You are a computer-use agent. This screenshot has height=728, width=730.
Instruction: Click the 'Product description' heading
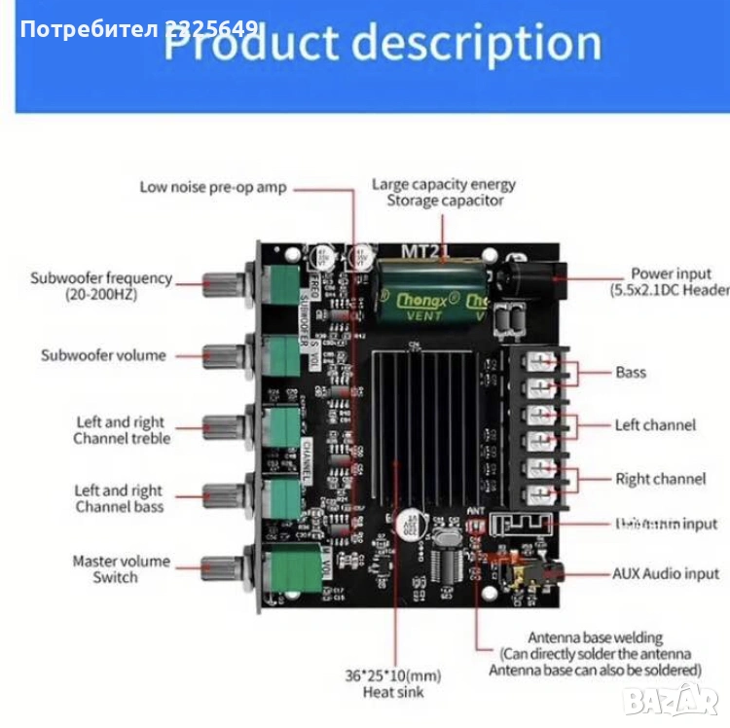pyautogui.click(x=382, y=43)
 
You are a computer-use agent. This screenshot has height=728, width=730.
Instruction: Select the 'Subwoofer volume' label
pyautogui.click(x=103, y=355)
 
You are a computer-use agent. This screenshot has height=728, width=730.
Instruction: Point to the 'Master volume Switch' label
pyautogui.click(x=121, y=568)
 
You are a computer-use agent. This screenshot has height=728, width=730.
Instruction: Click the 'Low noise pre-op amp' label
pyautogui.click(x=213, y=187)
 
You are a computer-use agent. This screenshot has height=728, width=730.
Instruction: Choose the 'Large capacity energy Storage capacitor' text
pyautogui.click(x=444, y=192)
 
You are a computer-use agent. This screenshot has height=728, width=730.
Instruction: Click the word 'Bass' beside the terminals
pyautogui.click(x=631, y=372)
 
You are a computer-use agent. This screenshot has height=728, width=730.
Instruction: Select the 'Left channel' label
pyautogui.click(x=655, y=425)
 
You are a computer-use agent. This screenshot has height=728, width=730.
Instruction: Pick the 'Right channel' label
pyautogui.click(x=660, y=479)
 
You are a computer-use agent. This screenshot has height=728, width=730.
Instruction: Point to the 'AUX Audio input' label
pyautogui.click(x=666, y=574)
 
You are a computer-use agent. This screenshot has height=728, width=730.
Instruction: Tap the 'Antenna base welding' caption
pyautogui.click(x=595, y=652)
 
